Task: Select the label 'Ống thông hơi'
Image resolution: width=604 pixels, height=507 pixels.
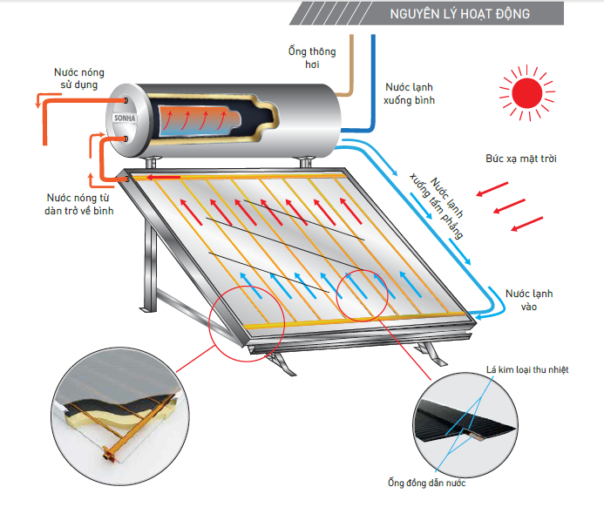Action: click(x=311, y=57)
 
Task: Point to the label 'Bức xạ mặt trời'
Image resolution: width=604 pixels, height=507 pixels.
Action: click(x=521, y=159)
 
